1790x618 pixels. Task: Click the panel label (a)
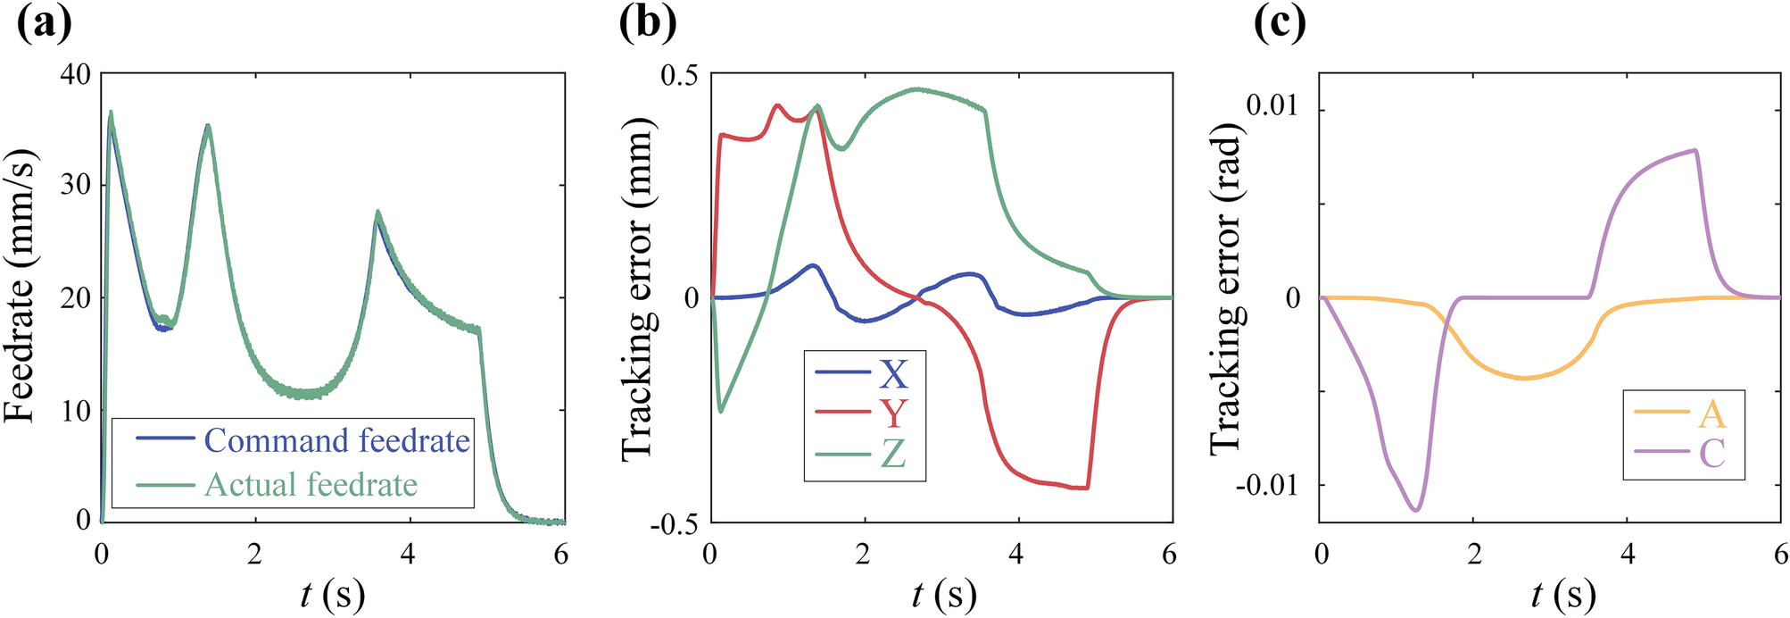pyautogui.click(x=44, y=23)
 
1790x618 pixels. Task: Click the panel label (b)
pyautogui.click(x=648, y=23)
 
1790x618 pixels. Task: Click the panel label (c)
pyautogui.click(x=1280, y=23)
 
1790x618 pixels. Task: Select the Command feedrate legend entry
pyautogui.click(x=336, y=440)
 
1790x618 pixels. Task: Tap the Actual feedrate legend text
pyautogui.click(x=311, y=485)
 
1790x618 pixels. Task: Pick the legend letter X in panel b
pyautogui.click(x=892, y=373)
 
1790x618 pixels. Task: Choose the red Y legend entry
pyautogui.click(x=892, y=413)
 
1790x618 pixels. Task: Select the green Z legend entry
pyautogui.click(x=892, y=454)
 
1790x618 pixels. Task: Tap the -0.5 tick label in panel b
pyautogui.click(x=674, y=523)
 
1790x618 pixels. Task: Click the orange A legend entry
pyautogui.click(x=1711, y=413)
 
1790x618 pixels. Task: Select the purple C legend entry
pyautogui.click(x=1711, y=454)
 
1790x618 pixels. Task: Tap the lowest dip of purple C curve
pyautogui.click(x=1415, y=510)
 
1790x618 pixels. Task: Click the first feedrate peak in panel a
pyautogui.click(x=111, y=113)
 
